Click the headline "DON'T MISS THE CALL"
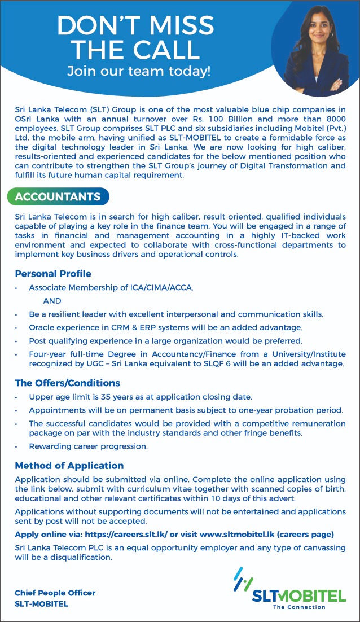(x=135, y=38)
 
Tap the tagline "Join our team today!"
(x=138, y=71)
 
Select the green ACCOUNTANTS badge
(x=58, y=196)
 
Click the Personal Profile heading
(x=53, y=274)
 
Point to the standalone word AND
(x=52, y=301)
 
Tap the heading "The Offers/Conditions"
(x=68, y=383)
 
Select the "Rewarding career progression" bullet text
(x=89, y=446)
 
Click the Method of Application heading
(x=69, y=466)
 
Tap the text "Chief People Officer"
(x=55, y=593)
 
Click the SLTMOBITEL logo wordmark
(x=298, y=596)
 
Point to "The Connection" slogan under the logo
(x=299, y=607)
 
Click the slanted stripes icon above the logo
(x=244, y=577)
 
